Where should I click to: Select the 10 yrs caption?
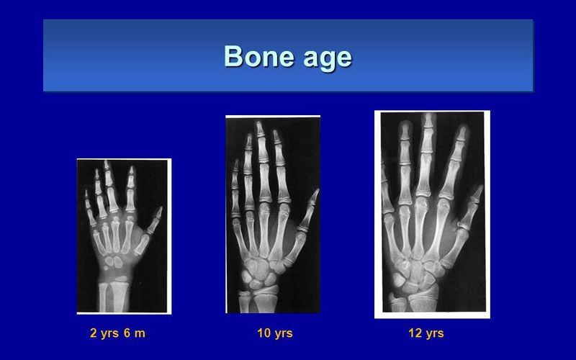click(275, 333)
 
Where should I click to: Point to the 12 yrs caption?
click(426, 333)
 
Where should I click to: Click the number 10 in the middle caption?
click(264, 333)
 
